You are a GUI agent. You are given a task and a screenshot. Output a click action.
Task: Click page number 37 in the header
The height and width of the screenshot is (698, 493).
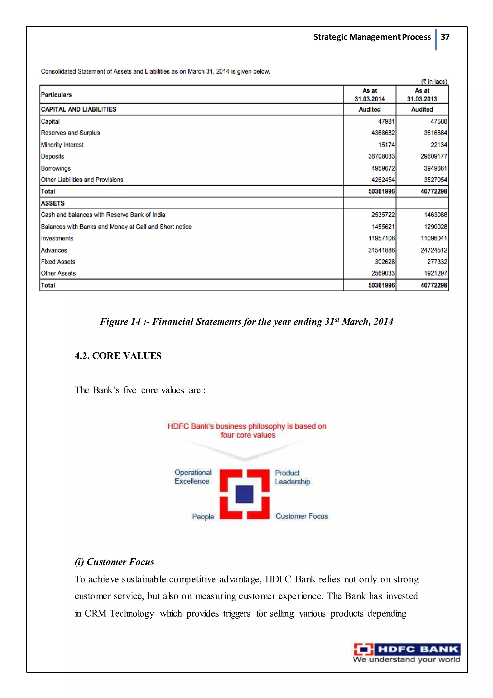pos(445,37)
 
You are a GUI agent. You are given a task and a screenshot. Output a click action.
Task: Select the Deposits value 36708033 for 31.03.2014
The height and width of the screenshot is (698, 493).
pos(381,156)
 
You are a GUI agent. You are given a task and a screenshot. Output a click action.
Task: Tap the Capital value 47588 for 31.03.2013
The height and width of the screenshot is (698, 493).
pos(439,121)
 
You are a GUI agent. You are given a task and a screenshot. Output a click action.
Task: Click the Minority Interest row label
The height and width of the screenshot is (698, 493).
pos(62,145)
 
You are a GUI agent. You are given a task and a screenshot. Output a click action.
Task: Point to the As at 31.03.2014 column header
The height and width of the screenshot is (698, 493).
pos(370,95)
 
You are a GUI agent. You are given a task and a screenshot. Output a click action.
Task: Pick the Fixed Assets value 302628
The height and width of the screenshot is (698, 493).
pos(384,262)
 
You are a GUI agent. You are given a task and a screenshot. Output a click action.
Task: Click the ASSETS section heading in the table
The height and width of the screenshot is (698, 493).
pos(53,203)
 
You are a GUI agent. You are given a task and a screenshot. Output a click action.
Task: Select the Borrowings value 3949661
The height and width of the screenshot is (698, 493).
pos(435,168)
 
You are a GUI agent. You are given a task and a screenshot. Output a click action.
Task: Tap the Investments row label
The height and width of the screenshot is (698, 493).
pos(57,238)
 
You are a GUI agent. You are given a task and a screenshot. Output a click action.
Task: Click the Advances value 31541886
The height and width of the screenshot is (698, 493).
pos(381,250)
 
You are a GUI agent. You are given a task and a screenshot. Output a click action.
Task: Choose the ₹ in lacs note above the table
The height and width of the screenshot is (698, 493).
pos(434,82)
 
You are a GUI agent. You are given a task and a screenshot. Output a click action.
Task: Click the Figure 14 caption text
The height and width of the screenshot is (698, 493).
pos(246,322)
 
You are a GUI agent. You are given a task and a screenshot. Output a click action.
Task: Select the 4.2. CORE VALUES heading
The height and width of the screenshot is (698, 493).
pos(118,356)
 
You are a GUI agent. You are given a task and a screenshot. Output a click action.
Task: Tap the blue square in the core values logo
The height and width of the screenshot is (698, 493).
pos(245,494)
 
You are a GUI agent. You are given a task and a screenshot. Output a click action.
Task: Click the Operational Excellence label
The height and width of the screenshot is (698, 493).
pos(193,477)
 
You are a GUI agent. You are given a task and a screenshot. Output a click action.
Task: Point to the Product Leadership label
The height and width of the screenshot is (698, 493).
pos(292,477)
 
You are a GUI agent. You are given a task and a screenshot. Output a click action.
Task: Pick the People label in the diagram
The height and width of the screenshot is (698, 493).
pos(203,517)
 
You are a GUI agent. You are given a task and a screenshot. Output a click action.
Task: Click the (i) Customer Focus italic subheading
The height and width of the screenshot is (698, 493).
pos(114,562)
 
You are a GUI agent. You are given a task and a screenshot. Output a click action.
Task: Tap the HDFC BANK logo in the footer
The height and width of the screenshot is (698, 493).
pos(407,653)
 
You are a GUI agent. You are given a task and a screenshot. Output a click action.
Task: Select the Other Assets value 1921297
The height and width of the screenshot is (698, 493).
pos(435,273)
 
